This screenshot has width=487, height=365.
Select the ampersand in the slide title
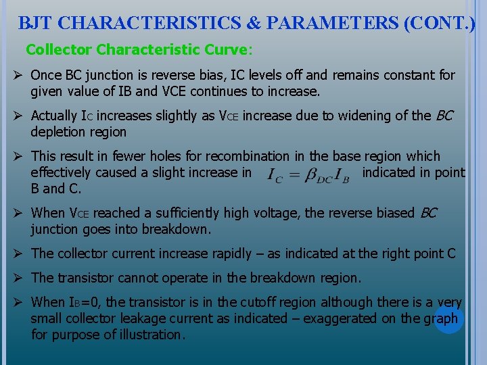point(253,23)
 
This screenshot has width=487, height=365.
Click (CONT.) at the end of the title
point(439,23)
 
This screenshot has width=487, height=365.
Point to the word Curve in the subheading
point(228,50)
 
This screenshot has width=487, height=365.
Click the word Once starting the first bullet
point(47,75)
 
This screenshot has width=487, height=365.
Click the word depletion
point(57,132)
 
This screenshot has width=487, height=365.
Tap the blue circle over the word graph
point(448,318)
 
